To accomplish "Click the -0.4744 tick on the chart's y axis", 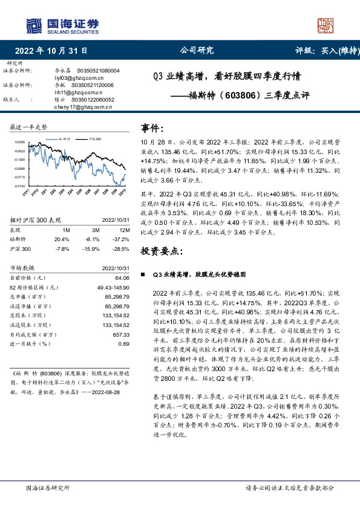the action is [x=19, y=186].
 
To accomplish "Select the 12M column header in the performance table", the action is [x=123, y=230].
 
